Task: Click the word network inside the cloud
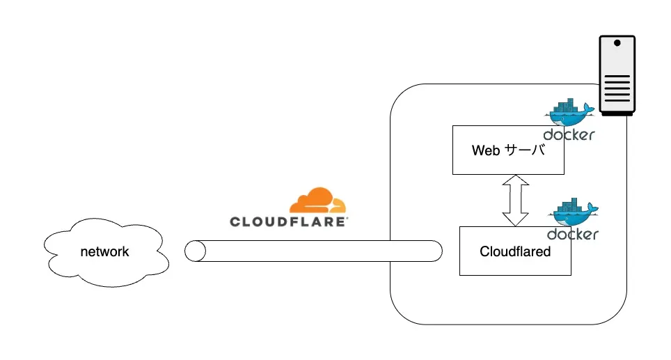(x=105, y=251)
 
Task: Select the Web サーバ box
(x=507, y=162)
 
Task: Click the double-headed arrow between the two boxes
(x=516, y=201)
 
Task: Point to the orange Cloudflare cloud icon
(x=318, y=201)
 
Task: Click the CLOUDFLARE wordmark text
(x=289, y=222)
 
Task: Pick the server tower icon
(x=617, y=77)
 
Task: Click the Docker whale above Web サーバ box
(x=570, y=112)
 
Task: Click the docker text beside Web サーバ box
(x=569, y=134)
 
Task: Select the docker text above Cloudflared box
(x=572, y=234)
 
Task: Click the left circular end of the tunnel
(x=196, y=251)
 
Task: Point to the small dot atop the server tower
(x=617, y=43)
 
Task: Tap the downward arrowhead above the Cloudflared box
(x=516, y=219)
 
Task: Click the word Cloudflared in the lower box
(x=515, y=251)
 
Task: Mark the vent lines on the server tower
(x=617, y=89)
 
